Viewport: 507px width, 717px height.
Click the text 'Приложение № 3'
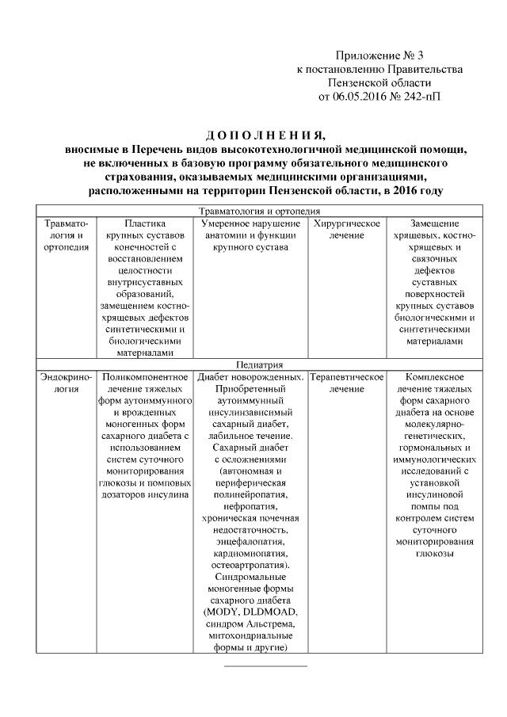point(379,55)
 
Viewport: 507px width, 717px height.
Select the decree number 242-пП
point(419,97)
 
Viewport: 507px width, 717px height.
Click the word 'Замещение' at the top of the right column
point(436,223)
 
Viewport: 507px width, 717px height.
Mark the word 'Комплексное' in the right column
point(435,377)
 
